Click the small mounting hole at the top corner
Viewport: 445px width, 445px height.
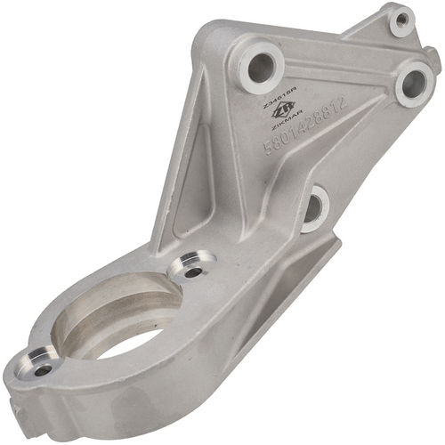tap(402, 18)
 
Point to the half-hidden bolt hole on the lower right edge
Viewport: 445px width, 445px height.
tap(313, 208)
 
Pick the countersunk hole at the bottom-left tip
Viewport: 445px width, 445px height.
tap(42, 364)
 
